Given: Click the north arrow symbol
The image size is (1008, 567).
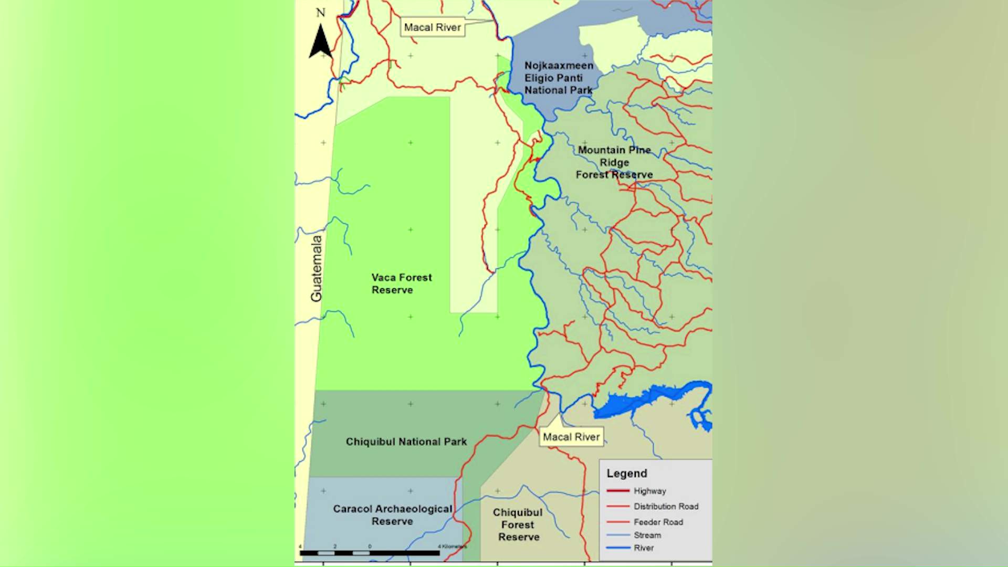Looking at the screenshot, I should (320, 42).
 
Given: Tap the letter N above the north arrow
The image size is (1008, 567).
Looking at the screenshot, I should (320, 13).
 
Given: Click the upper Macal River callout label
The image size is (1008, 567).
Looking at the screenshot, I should (432, 27).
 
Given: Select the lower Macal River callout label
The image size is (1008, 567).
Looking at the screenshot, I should (571, 437).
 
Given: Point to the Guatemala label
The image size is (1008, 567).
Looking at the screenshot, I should (316, 268).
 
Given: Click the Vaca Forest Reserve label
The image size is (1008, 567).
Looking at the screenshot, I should (402, 283).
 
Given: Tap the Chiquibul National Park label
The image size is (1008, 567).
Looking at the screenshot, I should (406, 442).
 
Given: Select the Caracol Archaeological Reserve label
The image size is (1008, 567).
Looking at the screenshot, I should (392, 515).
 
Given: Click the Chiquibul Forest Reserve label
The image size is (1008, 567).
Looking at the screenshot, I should (518, 524).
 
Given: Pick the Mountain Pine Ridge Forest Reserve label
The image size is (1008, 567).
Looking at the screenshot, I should (614, 162).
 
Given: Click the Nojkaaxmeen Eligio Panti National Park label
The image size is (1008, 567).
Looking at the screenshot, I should (559, 78).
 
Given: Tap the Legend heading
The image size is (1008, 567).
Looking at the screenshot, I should (627, 474).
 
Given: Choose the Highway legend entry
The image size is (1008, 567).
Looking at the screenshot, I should (649, 491).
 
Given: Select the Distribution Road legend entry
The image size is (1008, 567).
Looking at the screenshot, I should (666, 507).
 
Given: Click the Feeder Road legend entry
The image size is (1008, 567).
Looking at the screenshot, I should (658, 522).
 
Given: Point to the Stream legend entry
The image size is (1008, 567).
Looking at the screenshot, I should (647, 535).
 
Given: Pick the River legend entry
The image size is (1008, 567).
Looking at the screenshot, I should (644, 548).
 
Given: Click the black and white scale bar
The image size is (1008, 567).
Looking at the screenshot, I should (370, 553).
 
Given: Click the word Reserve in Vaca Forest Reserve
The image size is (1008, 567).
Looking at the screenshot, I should (392, 290).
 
